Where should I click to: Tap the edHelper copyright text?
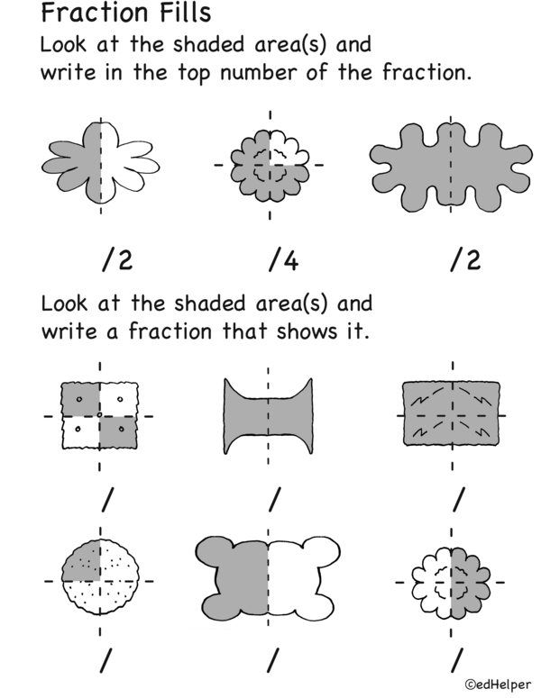pyautogui.click(x=498, y=684)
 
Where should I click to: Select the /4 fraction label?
pyautogui.click(x=283, y=260)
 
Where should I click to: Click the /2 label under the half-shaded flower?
pyautogui.click(x=117, y=260)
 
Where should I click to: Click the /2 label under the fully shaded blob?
pyautogui.click(x=465, y=260)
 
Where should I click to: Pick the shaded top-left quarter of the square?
pyautogui.click(x=80, y=399)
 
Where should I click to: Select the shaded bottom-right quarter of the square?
pyautogui.click(x=118, y=432)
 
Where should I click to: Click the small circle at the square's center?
pyautogui.click(x=100, y=415)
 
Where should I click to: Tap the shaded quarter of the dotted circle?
pyautogui.click(x=83, y=563)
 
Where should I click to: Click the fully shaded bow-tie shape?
pyautogui.click(x=268, y=416)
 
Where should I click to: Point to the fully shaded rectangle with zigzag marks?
pyautogui.click(x=451, y=413)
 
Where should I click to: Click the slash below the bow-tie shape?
pyautogui.click(x=274, y=499)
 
